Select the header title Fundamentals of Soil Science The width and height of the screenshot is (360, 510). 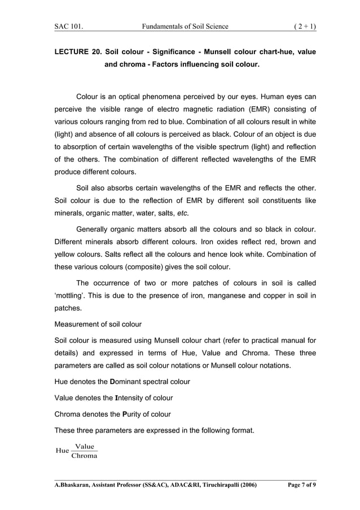(x=186, y=25)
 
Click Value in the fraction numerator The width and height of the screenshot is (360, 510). (x=84, y=446)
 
